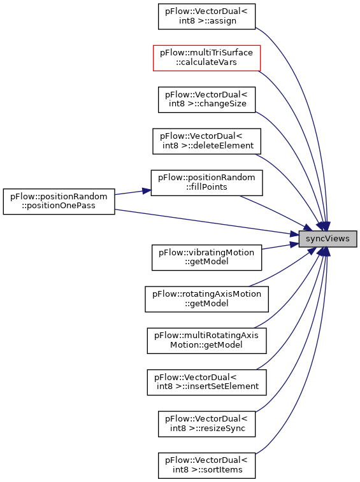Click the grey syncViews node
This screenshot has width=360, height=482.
pos(328,239)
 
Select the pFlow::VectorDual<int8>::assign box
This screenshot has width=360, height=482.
pos(206,17)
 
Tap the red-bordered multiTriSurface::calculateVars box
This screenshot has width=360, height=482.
pos(206,58)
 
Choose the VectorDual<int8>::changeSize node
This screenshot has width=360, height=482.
pos(206,99)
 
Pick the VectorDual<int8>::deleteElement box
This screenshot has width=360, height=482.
pos(206,141)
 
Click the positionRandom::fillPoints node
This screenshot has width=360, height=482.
pos(206,183)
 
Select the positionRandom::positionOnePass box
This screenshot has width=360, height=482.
pos(59,202)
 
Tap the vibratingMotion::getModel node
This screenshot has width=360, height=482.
pos(206,258)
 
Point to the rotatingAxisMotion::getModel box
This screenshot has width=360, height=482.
pos(206,299)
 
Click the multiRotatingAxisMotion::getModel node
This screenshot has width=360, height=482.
pos(206,341)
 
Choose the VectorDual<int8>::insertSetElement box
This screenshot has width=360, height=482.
pos(206,382)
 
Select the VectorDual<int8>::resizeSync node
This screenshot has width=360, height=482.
pos(206,424)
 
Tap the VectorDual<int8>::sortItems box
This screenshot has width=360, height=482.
pos(206,465)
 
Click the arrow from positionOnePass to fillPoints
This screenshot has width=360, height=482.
pos(133,192)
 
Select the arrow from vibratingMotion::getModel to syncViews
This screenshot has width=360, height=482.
pos(280,246)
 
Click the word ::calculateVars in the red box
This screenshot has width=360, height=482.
pos(206,62)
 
